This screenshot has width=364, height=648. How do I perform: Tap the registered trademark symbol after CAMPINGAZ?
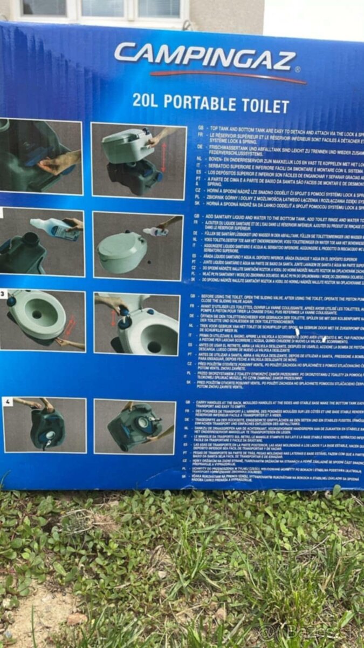(298, 69)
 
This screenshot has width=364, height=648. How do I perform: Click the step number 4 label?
(8, 402)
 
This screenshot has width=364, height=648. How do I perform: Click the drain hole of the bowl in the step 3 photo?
(37, 314)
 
